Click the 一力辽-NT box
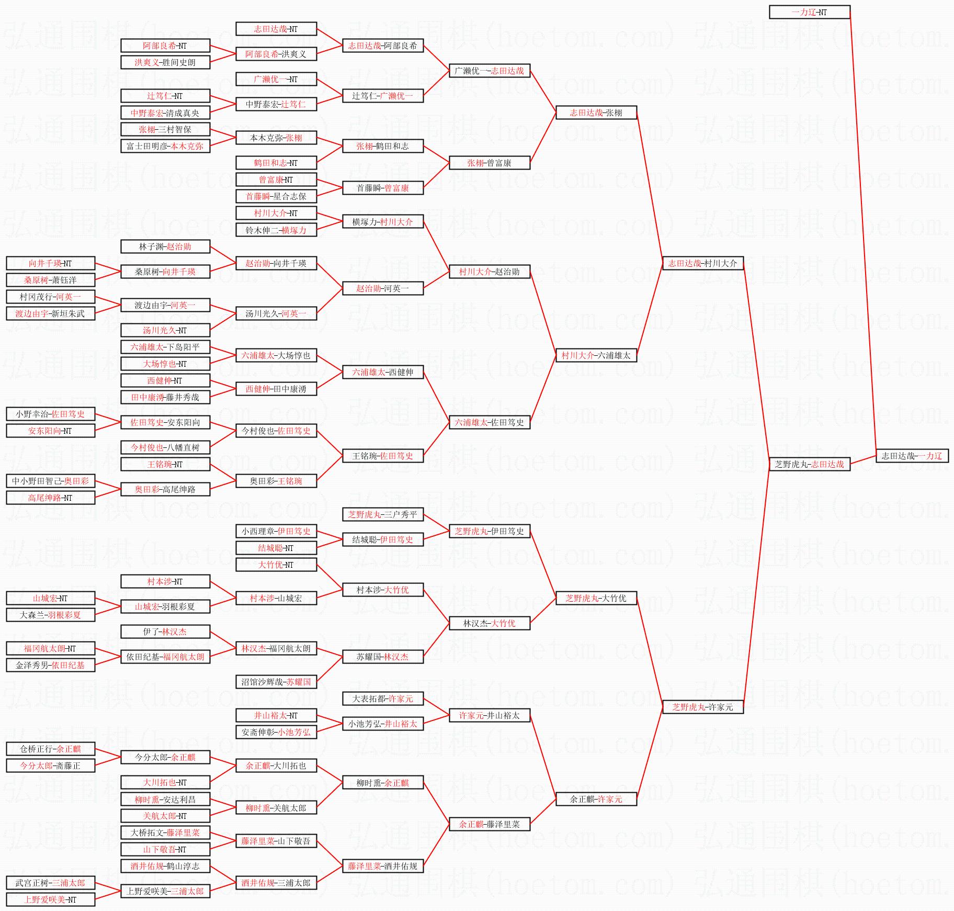(809, 12)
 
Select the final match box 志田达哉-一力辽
(912, 456)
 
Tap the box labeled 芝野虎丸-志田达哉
(809, 464)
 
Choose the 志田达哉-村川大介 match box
(702, 263)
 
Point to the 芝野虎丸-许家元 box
(702, 707)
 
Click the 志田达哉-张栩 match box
(596, 113)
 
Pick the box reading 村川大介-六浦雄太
(596, 355)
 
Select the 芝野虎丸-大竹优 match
(596, 598)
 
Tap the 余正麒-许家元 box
(596, 799)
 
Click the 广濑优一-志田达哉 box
(489, 71)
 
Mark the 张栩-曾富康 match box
(489, 163)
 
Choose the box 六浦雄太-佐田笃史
(489, 422)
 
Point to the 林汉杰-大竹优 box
(489, 623)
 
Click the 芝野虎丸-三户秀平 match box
(382, 514)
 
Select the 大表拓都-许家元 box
(382, 699)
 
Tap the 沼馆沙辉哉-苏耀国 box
(276, 682)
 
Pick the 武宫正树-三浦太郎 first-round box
(50, 883)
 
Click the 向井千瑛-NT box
(50, 263)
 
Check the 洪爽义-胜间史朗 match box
(165, 62)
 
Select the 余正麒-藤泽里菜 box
(489, 824)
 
